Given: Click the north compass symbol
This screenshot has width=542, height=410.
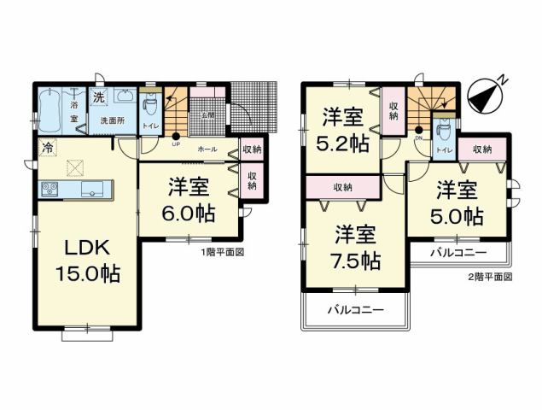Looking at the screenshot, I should tap(487, 93).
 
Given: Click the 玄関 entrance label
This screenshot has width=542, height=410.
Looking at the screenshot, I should tap(207, 114).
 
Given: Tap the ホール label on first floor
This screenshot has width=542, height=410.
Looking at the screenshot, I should tap(207, 149).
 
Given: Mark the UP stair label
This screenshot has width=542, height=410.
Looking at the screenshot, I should tap(176, 143).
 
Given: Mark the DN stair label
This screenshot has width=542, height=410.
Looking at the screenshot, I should tap(419, 137).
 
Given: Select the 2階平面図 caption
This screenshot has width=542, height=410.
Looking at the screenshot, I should tap(489, 277).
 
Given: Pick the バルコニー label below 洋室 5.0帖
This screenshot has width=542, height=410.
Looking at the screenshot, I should tap(457, 254).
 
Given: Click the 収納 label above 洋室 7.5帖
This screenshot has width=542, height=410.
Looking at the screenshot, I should tap(343, 186).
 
